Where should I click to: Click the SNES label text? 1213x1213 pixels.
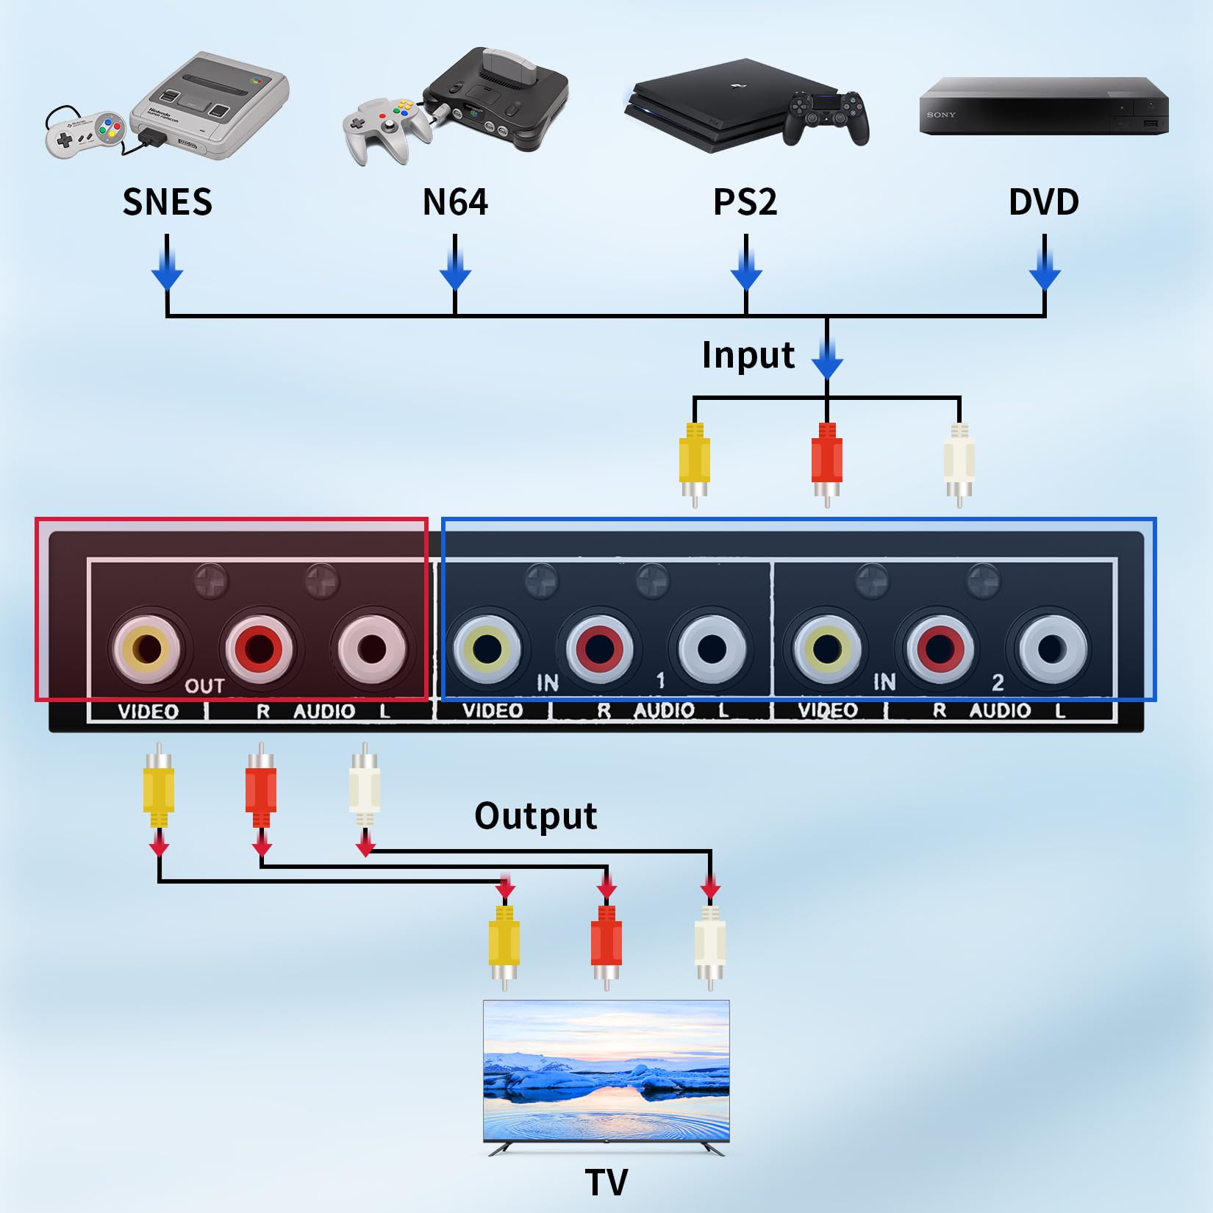167,202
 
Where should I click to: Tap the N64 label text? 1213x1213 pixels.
454,202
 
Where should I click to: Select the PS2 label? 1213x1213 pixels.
745,202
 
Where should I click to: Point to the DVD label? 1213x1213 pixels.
1043,202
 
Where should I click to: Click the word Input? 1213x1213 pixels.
748,355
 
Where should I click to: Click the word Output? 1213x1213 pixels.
535,816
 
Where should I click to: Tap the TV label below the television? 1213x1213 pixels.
606,1182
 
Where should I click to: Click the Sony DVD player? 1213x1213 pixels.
1043,107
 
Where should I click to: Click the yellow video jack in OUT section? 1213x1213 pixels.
147,648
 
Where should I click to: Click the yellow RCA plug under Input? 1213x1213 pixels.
694,459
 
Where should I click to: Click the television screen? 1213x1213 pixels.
606,1070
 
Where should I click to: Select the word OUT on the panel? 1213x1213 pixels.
204,686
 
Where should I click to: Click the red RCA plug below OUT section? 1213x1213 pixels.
261,790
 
